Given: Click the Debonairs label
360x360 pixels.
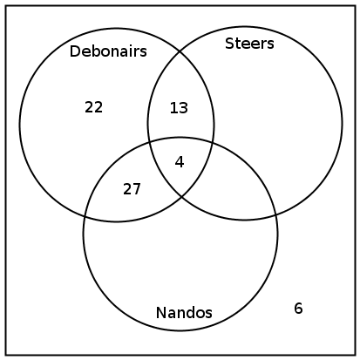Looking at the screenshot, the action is (x=108, y=51).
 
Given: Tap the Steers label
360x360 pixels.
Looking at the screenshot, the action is (x=249, y=44).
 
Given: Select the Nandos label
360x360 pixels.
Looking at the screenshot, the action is (x=184, y=313).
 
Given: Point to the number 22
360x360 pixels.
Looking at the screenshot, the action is (x=93, y=107).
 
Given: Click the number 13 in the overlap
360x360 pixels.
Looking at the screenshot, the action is (x=179, y=108).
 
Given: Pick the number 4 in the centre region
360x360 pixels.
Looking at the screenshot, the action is (x=180, y=162).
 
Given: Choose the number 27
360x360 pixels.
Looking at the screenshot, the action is (x=132, y=189).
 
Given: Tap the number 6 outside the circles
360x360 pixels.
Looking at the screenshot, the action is (x=298, y=309).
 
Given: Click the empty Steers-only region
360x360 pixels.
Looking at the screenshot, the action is (x=276, y=116).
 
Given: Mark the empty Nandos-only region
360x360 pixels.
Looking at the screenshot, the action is (x=180, y=262).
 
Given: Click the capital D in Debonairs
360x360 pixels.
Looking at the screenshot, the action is (x=74, y=51).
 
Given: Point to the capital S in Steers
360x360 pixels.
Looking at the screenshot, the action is (x=229, y=44).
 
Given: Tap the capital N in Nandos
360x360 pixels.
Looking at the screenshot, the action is (x=160, y=313).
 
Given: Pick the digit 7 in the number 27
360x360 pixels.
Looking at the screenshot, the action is (x=137, y=189).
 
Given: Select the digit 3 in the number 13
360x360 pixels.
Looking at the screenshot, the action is (x=184, y=108).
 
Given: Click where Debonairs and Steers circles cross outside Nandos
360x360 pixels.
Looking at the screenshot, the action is (x=180, y=51).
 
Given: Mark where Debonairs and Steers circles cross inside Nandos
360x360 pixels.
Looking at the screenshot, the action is (x=182, y=198).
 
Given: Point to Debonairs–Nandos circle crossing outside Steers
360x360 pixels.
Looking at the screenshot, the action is (x=85, y=216).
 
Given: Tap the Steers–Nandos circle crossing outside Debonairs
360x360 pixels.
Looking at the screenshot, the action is (x=275, y=215).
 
